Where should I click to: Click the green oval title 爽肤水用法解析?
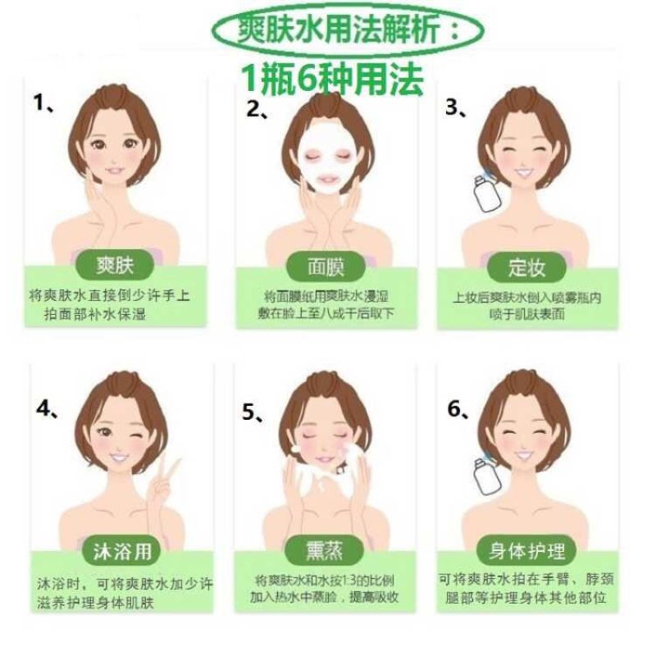pyautogui.click(x=347, y=30)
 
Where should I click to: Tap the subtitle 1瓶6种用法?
pyautogui.click(x=333, y=79)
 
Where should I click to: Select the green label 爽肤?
pyautogui.click(x=115, y=265)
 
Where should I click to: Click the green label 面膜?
pyautogui.click(x=326, y=267)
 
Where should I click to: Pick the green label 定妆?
pyautogui.click(x=526, y=268)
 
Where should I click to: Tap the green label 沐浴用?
pyautogui.click(x=121, y=551)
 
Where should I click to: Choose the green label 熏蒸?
pyautogui.click(x=324, y=550)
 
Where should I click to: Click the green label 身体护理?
pyautogui.click(x=526, y=550)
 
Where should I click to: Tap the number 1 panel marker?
pyautogui.click(x=43, y=103)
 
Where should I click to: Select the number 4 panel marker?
pyautogui.click(x=47, y=408)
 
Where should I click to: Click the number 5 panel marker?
pyautogui.click(x=253, y=412)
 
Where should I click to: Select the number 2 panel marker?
pyautogui.click(x=257, y=110)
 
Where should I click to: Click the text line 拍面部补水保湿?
pyautogui.click(x=95, y=314)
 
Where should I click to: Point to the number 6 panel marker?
pyautogui.click(x=458, y=408)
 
